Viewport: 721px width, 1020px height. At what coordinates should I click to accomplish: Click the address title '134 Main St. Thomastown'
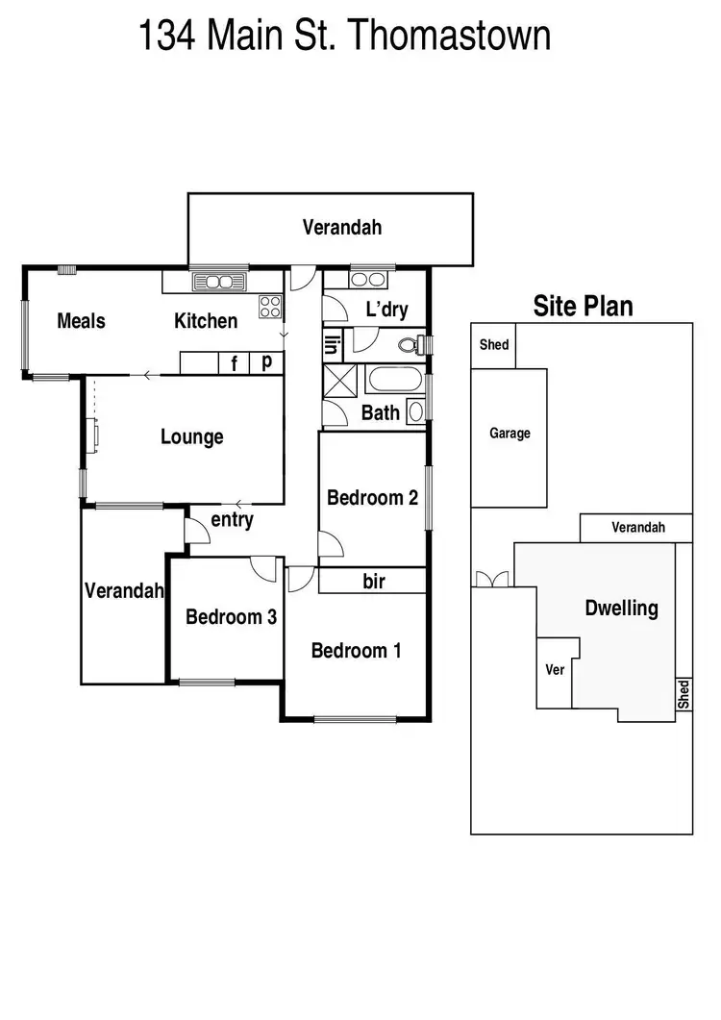[345, 36]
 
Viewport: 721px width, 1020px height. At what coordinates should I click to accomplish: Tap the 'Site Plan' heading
[583, 306]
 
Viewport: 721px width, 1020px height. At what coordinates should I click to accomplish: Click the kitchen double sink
[220, 281]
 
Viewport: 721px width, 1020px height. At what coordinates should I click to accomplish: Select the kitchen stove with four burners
[270, 308]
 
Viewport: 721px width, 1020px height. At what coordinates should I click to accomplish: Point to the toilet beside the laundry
[412, 343]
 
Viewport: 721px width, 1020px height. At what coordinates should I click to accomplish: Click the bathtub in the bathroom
[396, 379]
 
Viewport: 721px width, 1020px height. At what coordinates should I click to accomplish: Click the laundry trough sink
[366, 280]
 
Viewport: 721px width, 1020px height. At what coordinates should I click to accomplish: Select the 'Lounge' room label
[191, 436]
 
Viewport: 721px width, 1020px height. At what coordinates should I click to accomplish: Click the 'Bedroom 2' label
[372, 497]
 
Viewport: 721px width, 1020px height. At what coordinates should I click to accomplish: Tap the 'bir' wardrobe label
[374, 581]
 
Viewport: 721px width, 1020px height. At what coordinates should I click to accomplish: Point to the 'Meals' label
[81, 320]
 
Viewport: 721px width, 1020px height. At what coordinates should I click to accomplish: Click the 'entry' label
[232, 520]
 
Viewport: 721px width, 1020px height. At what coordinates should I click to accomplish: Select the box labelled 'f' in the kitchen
[233, 363]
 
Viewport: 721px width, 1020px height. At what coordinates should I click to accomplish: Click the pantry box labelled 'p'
[266, 363]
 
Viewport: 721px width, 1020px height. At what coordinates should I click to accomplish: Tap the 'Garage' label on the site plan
[510, 434]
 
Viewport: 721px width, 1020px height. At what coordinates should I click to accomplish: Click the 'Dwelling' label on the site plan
[622, 608]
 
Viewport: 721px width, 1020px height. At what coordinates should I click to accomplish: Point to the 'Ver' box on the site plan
[554, 670]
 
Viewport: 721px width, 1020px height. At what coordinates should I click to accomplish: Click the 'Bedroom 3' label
[231, 616]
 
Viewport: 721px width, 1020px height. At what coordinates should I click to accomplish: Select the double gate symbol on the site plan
[490, 579]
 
